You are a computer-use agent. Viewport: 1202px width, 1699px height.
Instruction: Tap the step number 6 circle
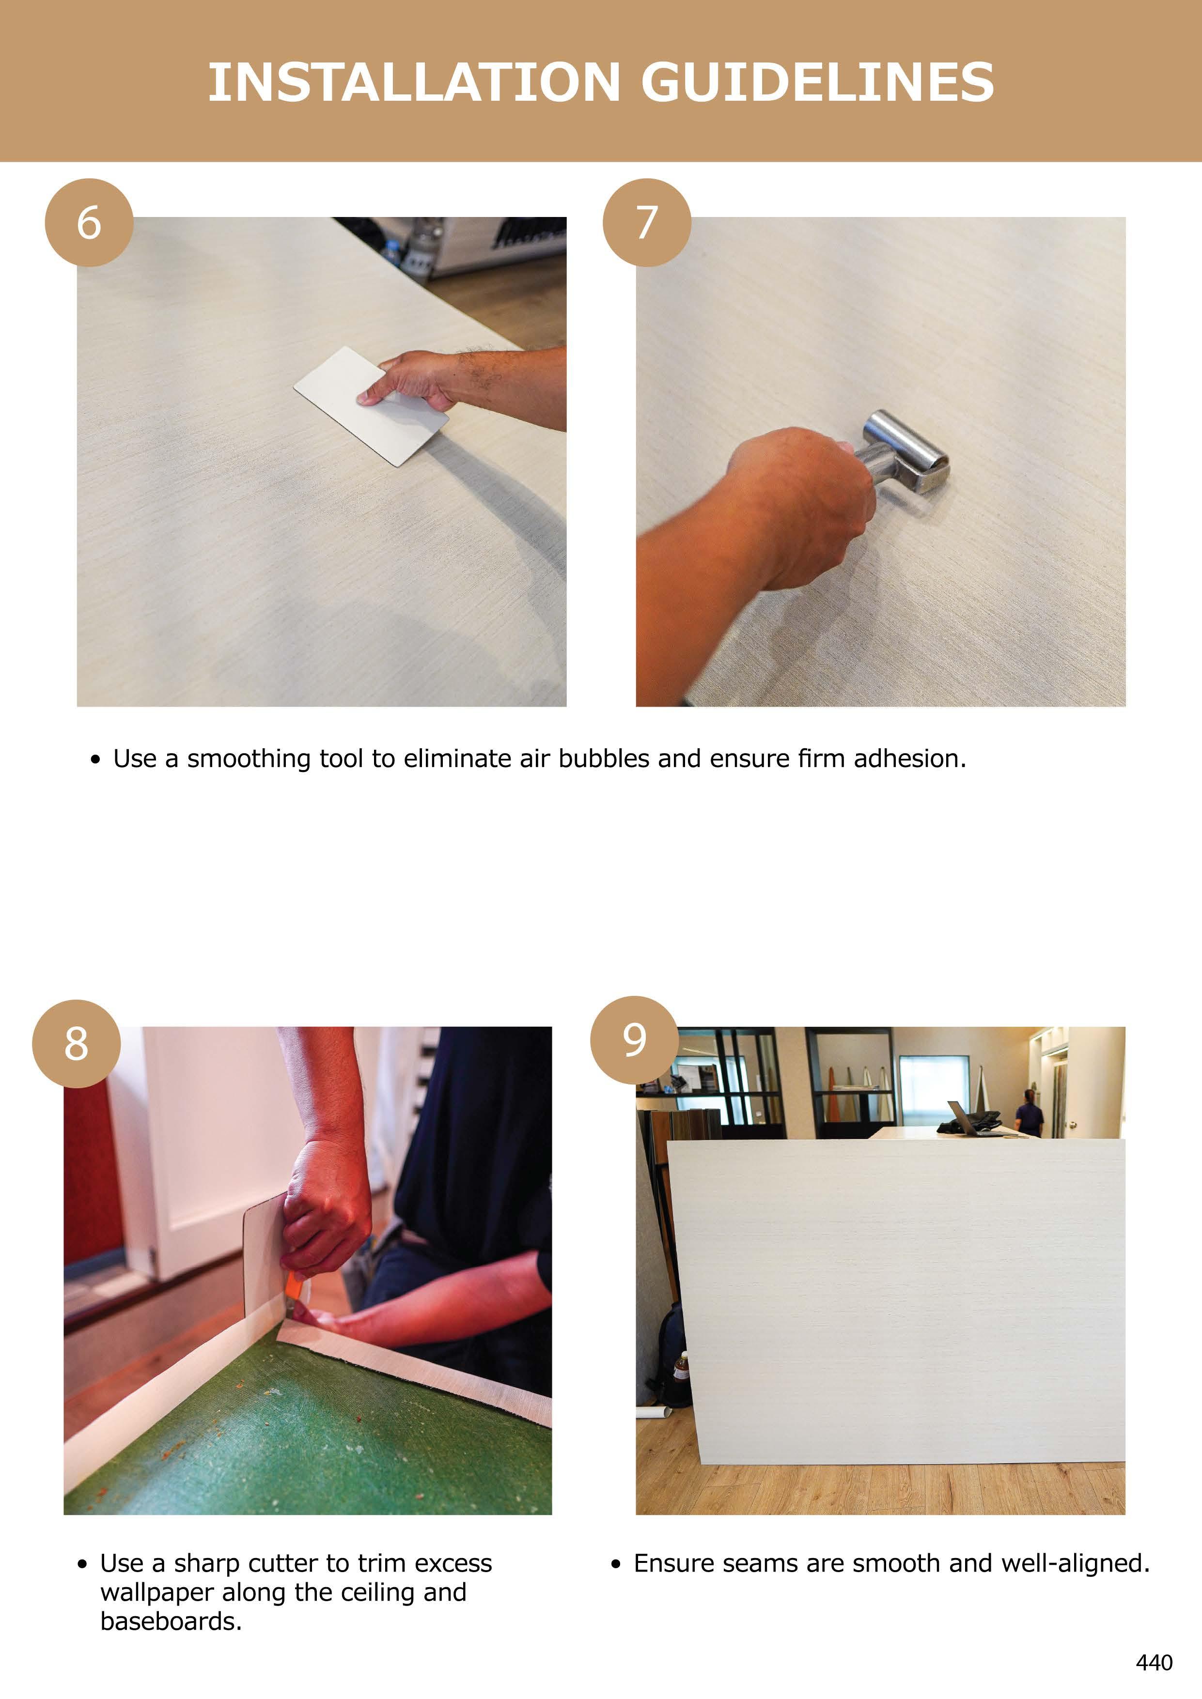coord(89,222)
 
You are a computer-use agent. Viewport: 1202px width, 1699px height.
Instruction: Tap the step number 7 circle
coord(647,222)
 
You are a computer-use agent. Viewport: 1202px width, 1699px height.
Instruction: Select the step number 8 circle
coord(76,1043)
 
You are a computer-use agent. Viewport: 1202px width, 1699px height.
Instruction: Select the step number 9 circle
coord(634,1040)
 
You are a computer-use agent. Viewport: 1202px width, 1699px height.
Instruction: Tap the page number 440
coord(1154,1662)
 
